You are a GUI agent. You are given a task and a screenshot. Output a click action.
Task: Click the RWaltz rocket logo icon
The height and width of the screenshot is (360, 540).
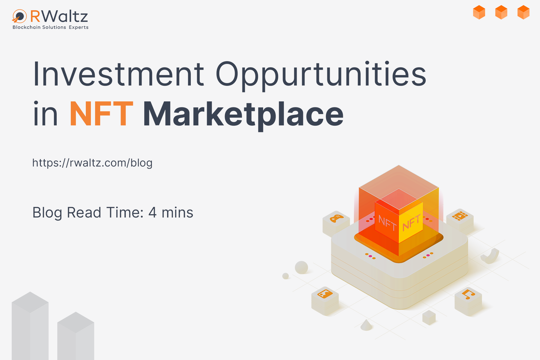(19, 16)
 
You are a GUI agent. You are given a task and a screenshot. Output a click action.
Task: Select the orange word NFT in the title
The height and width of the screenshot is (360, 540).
(101, 114)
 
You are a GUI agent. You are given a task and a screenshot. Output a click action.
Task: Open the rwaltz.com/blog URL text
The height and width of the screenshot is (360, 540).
(92, 163)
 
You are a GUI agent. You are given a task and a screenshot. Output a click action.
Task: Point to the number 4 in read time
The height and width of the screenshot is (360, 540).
(152, 212)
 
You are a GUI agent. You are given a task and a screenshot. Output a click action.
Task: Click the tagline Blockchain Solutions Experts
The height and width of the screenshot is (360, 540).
(50, 27)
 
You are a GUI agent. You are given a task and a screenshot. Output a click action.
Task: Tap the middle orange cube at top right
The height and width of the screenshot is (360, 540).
(501, 12)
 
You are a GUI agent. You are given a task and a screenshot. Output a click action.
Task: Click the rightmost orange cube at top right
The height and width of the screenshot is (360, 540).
(523, 12)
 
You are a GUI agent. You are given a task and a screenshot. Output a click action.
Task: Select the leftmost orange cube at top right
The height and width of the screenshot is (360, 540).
(479, 12)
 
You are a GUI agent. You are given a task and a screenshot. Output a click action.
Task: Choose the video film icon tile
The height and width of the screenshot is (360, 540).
(460, 220)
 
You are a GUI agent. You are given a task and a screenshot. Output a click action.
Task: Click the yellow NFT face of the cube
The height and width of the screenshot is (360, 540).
(411, 222)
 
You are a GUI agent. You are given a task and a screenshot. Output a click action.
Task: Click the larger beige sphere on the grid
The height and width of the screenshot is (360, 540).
(301, 267)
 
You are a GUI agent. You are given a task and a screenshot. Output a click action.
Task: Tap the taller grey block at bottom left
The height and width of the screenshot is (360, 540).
(30, 326)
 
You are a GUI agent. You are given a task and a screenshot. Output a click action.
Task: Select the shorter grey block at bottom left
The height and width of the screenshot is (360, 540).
(76, 336)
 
